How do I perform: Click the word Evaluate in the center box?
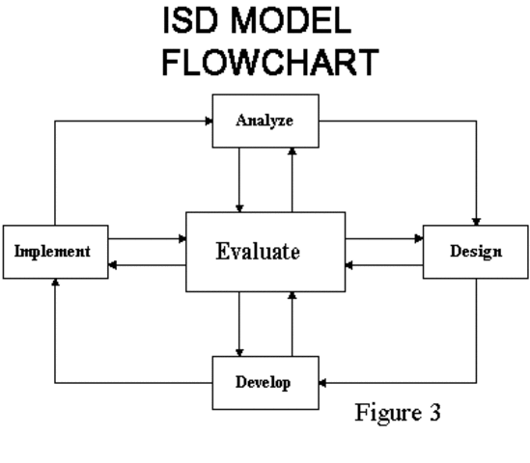click(258, 253)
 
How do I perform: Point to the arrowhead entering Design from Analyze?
click(476, 221)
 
